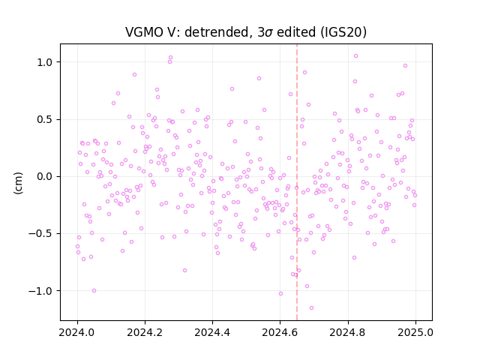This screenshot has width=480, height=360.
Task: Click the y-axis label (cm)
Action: pos(18,183)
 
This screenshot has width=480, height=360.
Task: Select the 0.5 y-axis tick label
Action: pos(45,119)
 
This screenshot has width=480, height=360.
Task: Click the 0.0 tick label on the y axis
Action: pos(45,177)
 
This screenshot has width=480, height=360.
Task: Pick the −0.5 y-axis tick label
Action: pos(40,234)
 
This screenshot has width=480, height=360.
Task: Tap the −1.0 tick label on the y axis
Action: pos(40,291)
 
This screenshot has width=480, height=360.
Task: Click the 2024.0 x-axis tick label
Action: pos(77,332)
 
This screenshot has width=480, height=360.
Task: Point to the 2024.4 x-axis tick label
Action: pos(212,332)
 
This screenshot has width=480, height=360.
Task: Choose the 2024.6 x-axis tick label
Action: pos(280,332)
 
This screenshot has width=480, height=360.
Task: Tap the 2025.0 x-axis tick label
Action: pos(415,332)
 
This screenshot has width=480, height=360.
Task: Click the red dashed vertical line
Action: pos(297,182)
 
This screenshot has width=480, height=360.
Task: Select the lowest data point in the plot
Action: pos(312,308)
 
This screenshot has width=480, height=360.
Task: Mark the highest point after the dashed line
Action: pos(355,56)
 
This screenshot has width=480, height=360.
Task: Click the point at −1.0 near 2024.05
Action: pos(94,291)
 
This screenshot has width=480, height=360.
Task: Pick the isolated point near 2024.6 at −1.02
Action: pos(280,294)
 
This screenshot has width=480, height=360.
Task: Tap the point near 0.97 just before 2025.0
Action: pos(405,66)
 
